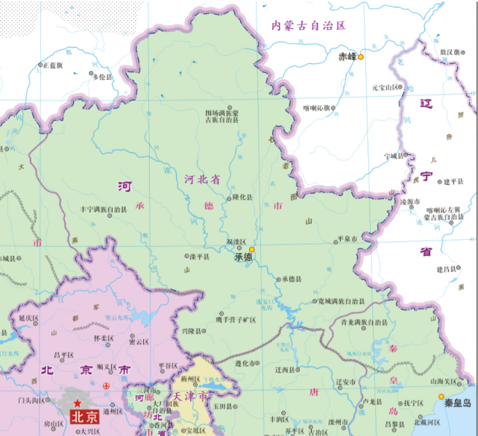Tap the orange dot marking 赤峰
[x=361, y=57]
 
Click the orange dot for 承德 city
[x=252, y=250]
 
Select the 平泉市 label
[x=348, y=239]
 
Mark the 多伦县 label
[x=101, y=77]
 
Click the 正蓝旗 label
[x=53, y=66]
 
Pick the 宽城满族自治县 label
[x=338, y=302]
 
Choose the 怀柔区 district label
[x=103, y=337]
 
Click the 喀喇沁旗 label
[x=318, y=107]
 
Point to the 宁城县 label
[x=392, y=156]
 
